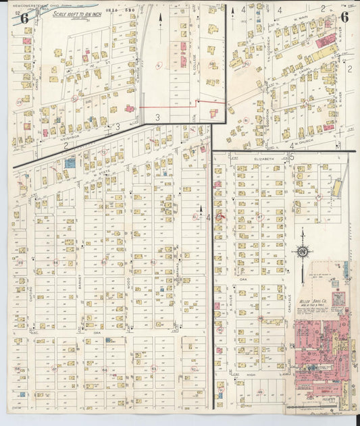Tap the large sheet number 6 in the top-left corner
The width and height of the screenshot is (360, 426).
click(24, 18)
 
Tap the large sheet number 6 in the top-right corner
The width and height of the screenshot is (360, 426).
click(344, 18)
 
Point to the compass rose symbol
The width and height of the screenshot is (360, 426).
click(303, 252)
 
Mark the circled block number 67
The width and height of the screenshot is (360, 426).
click(54, 369)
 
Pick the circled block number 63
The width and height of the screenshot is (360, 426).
click(153, 369)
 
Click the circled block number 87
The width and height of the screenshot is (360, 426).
click(261, 318)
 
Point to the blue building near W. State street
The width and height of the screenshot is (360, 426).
click(70, 162)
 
